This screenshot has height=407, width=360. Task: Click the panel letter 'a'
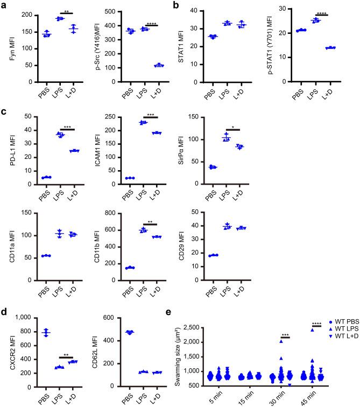point(4,4)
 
